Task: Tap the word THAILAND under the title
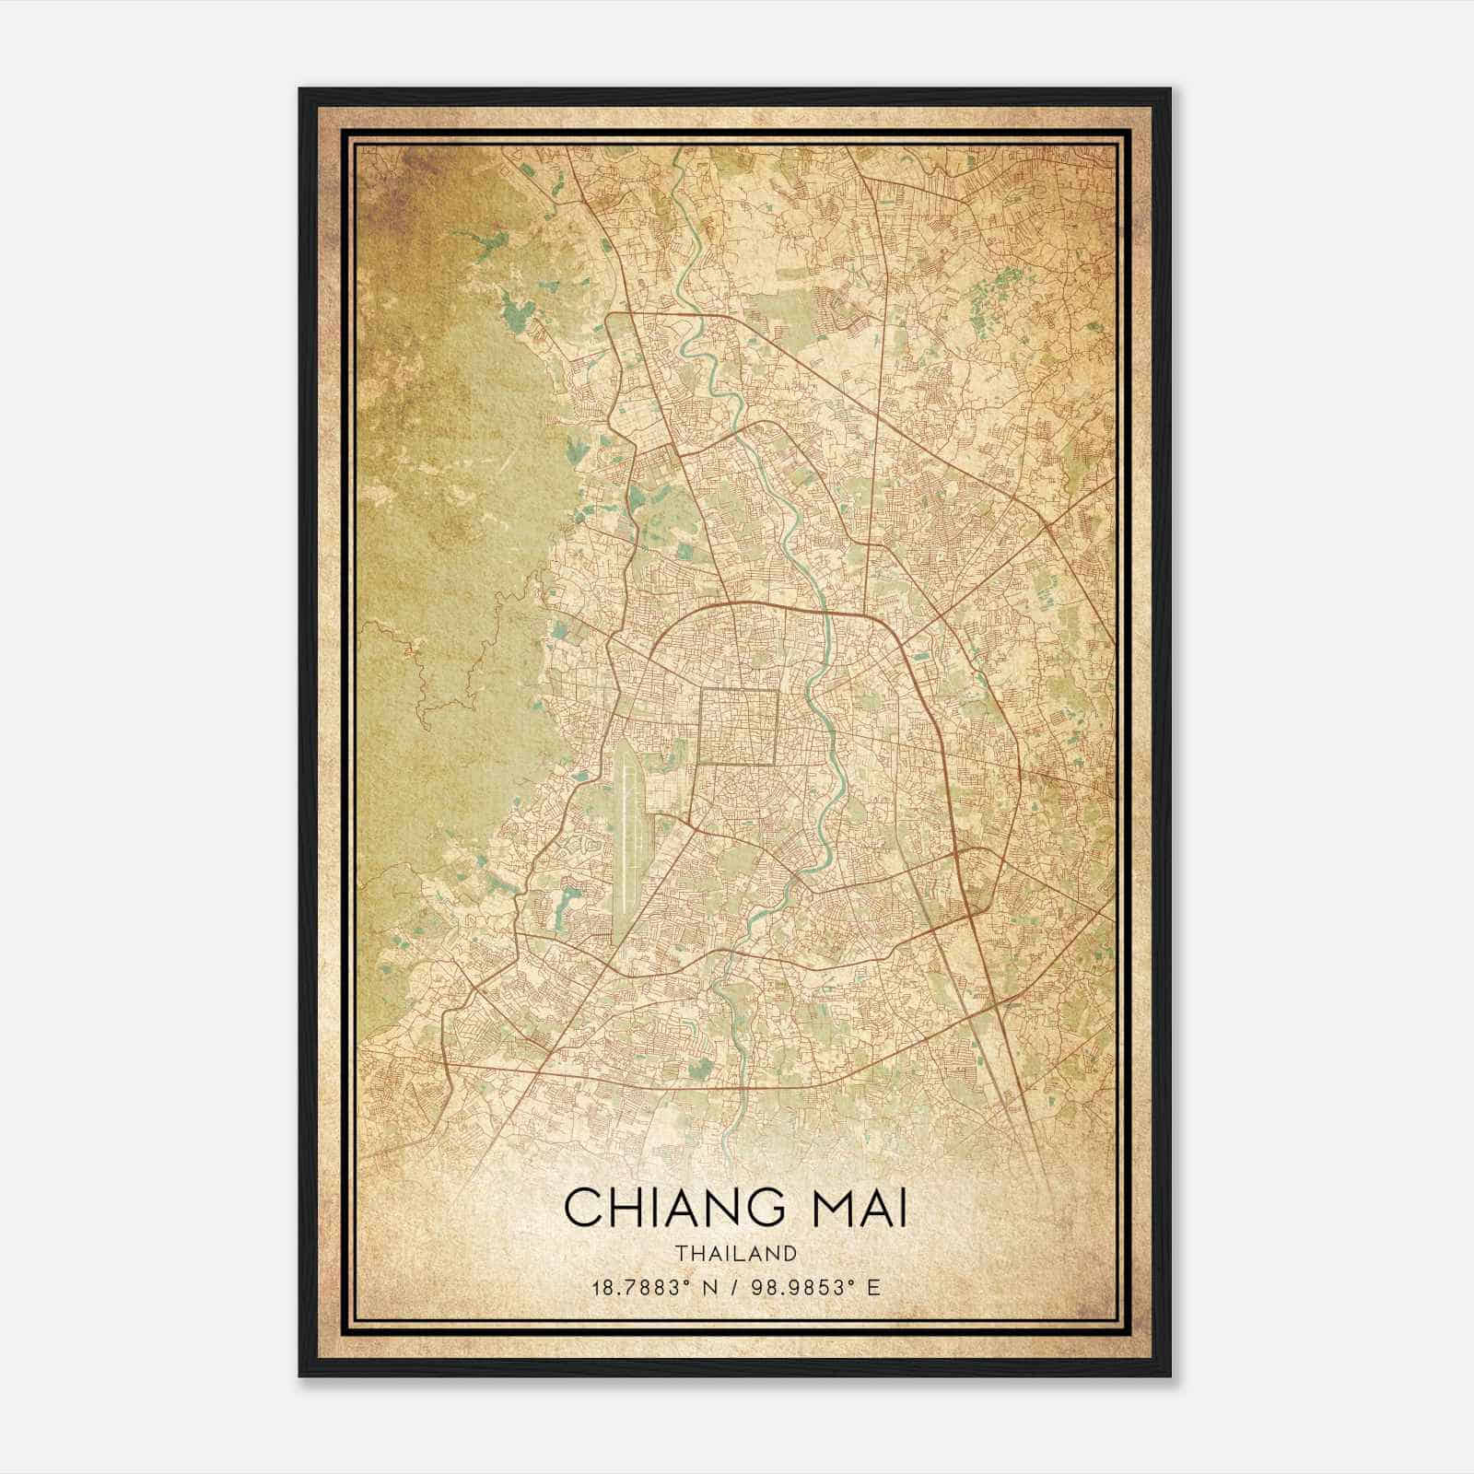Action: coord(736,1253)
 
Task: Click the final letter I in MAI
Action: coord(901,1208)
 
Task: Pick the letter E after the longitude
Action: coord(873,1287)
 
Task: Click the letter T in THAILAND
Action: coord(680,1253)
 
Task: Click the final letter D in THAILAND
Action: coord(791,1253)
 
